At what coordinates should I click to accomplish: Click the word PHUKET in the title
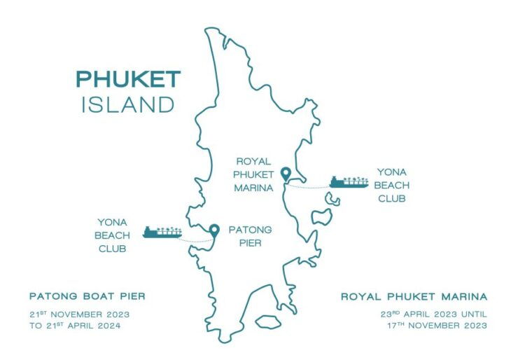pos(128,79)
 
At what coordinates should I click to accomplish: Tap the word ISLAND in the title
pos(128,104)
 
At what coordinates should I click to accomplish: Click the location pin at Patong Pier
pos(215,229)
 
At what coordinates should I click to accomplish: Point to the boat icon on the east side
pos(349,182)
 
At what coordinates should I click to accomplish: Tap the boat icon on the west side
pos(162,231)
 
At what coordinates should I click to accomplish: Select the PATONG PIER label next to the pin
pos(250,235)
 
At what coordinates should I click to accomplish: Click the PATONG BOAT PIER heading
pos(87,296)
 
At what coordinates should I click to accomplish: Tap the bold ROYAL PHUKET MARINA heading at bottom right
pos(414,296)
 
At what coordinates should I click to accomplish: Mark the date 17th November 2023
pos(436,326)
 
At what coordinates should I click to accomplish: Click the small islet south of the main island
pos(267,322)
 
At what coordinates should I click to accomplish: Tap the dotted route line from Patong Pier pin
pos(196,240)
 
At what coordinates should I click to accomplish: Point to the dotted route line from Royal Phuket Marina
pos(308,187)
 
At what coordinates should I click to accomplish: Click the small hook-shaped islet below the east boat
pos(332,201)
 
